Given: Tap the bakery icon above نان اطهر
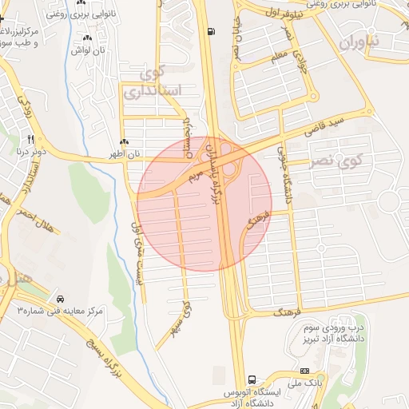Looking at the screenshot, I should [124, 142].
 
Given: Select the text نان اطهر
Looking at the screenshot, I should [125, 153].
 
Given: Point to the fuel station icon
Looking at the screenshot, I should [210, 32].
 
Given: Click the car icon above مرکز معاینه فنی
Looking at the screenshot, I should [60, 298].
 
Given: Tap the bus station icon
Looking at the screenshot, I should [252, 379].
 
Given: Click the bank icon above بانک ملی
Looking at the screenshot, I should [304, 371].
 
